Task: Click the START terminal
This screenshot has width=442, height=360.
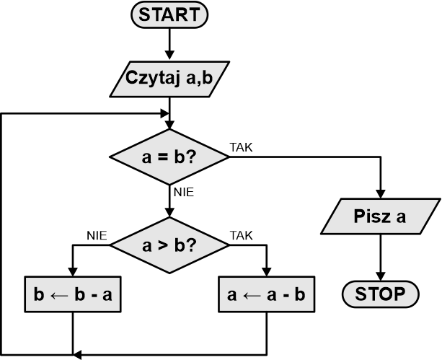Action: pyautogui.click(x=169, y=14)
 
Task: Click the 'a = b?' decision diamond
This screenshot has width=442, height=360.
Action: pyautogui.click(x=169, y=157)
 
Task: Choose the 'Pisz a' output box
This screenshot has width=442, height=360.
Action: pyautogui.click(x=380, y=216)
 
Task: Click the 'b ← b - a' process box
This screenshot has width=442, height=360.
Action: pyautogui.click(x=73, y=294)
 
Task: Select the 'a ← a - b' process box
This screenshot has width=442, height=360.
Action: pyautogui.click(x=266, y=294)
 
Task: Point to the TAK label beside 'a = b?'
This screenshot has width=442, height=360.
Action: pyautogui.click(x=241, y=147)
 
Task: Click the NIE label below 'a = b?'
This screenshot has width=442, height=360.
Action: pyautogui.click(x=183, y=192)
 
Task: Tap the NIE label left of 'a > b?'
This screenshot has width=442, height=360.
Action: pyautogui.click(x=97, y=235)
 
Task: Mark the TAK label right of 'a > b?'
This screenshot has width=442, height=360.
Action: pyautogui.click(x=241, y=235)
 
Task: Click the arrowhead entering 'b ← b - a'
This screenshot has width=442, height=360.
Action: pyautogui.click(x=73, y=271)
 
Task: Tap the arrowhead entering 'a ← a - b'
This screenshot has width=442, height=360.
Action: pyautogui.click(x=266, y=271)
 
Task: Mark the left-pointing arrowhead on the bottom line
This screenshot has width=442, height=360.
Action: pyautogui.click(x=78, y=354)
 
